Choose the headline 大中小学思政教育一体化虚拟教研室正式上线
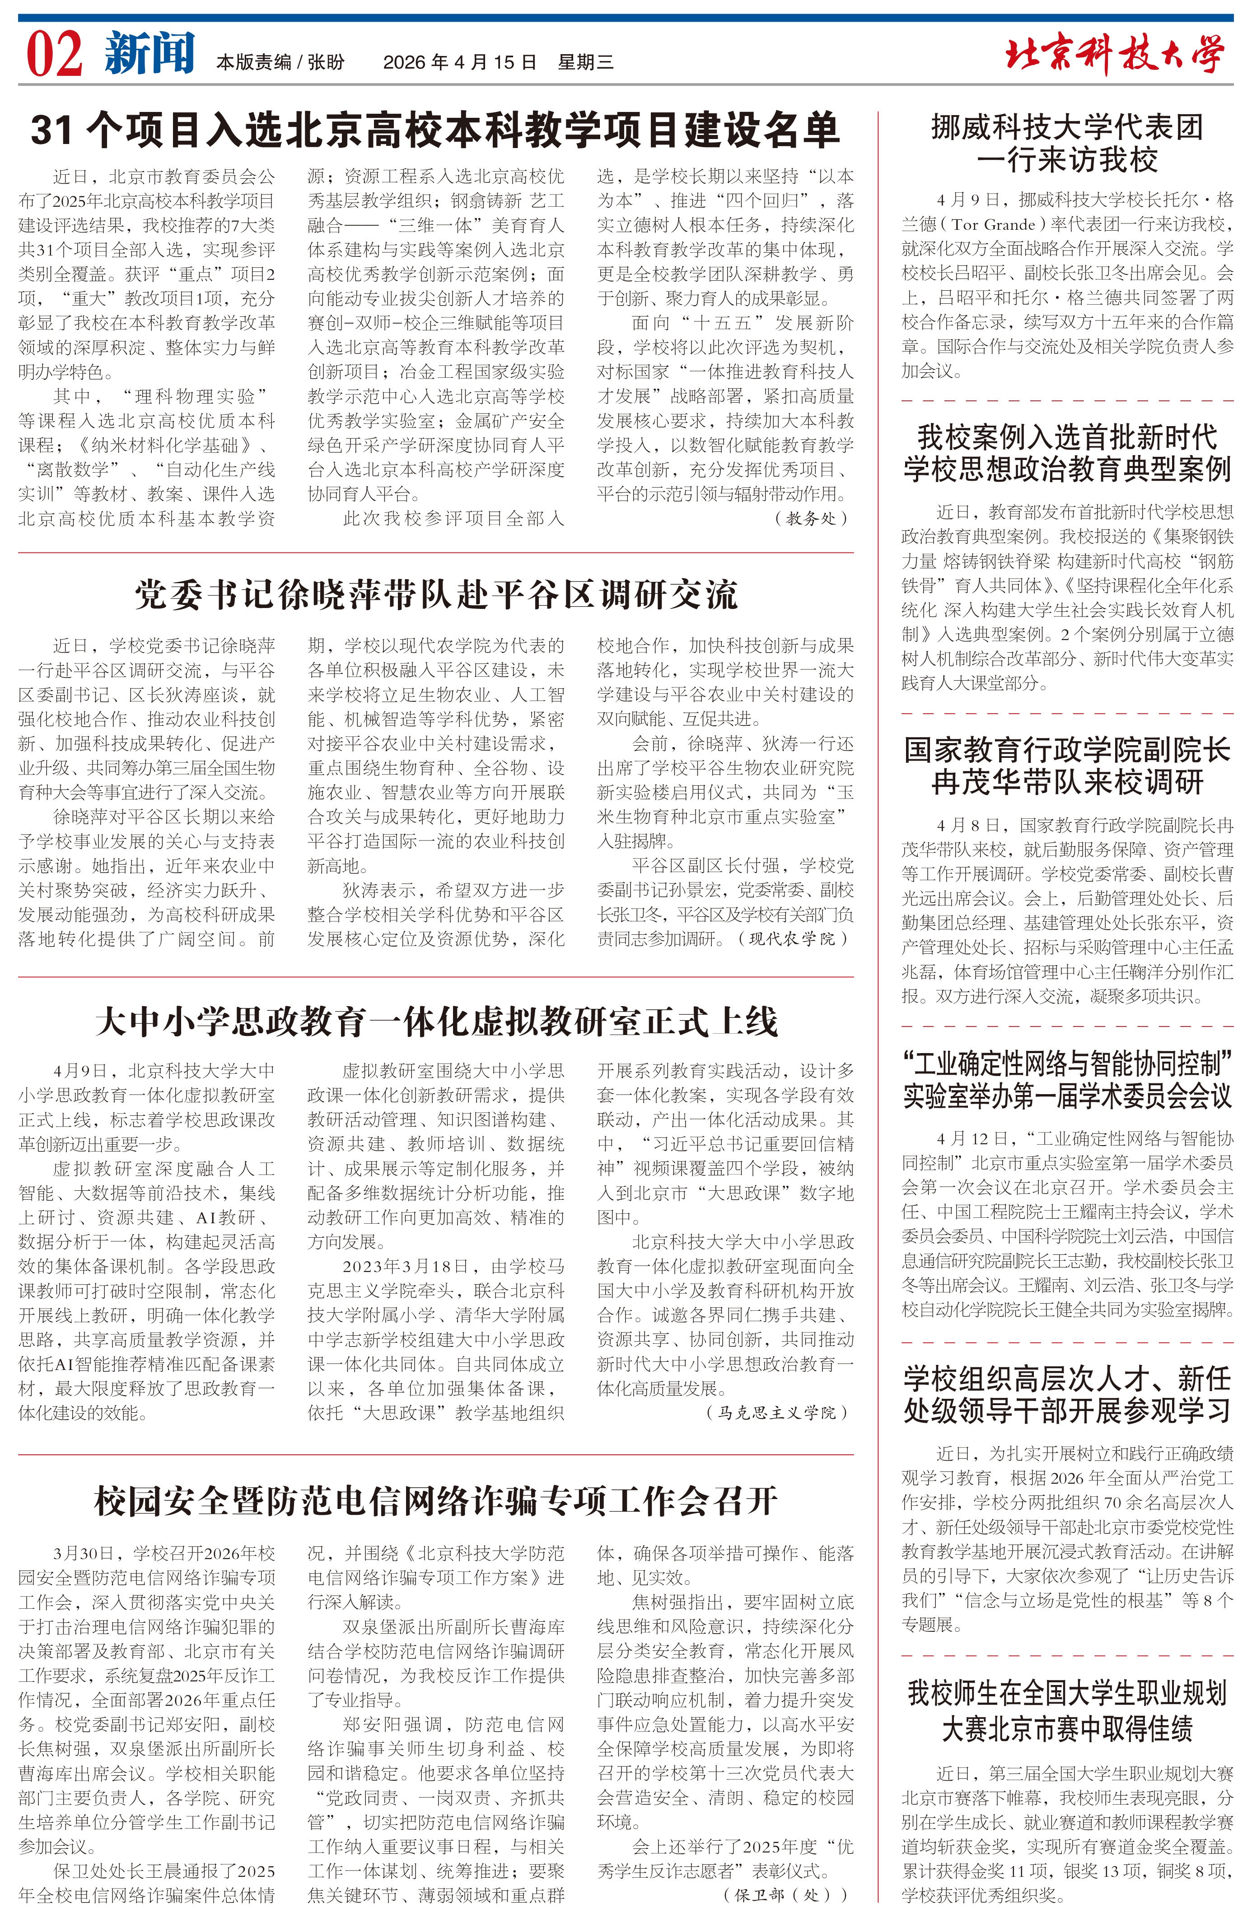435,1021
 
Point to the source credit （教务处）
810,519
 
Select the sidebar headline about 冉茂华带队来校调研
1067,766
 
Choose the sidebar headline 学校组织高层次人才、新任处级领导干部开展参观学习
1067,1394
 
